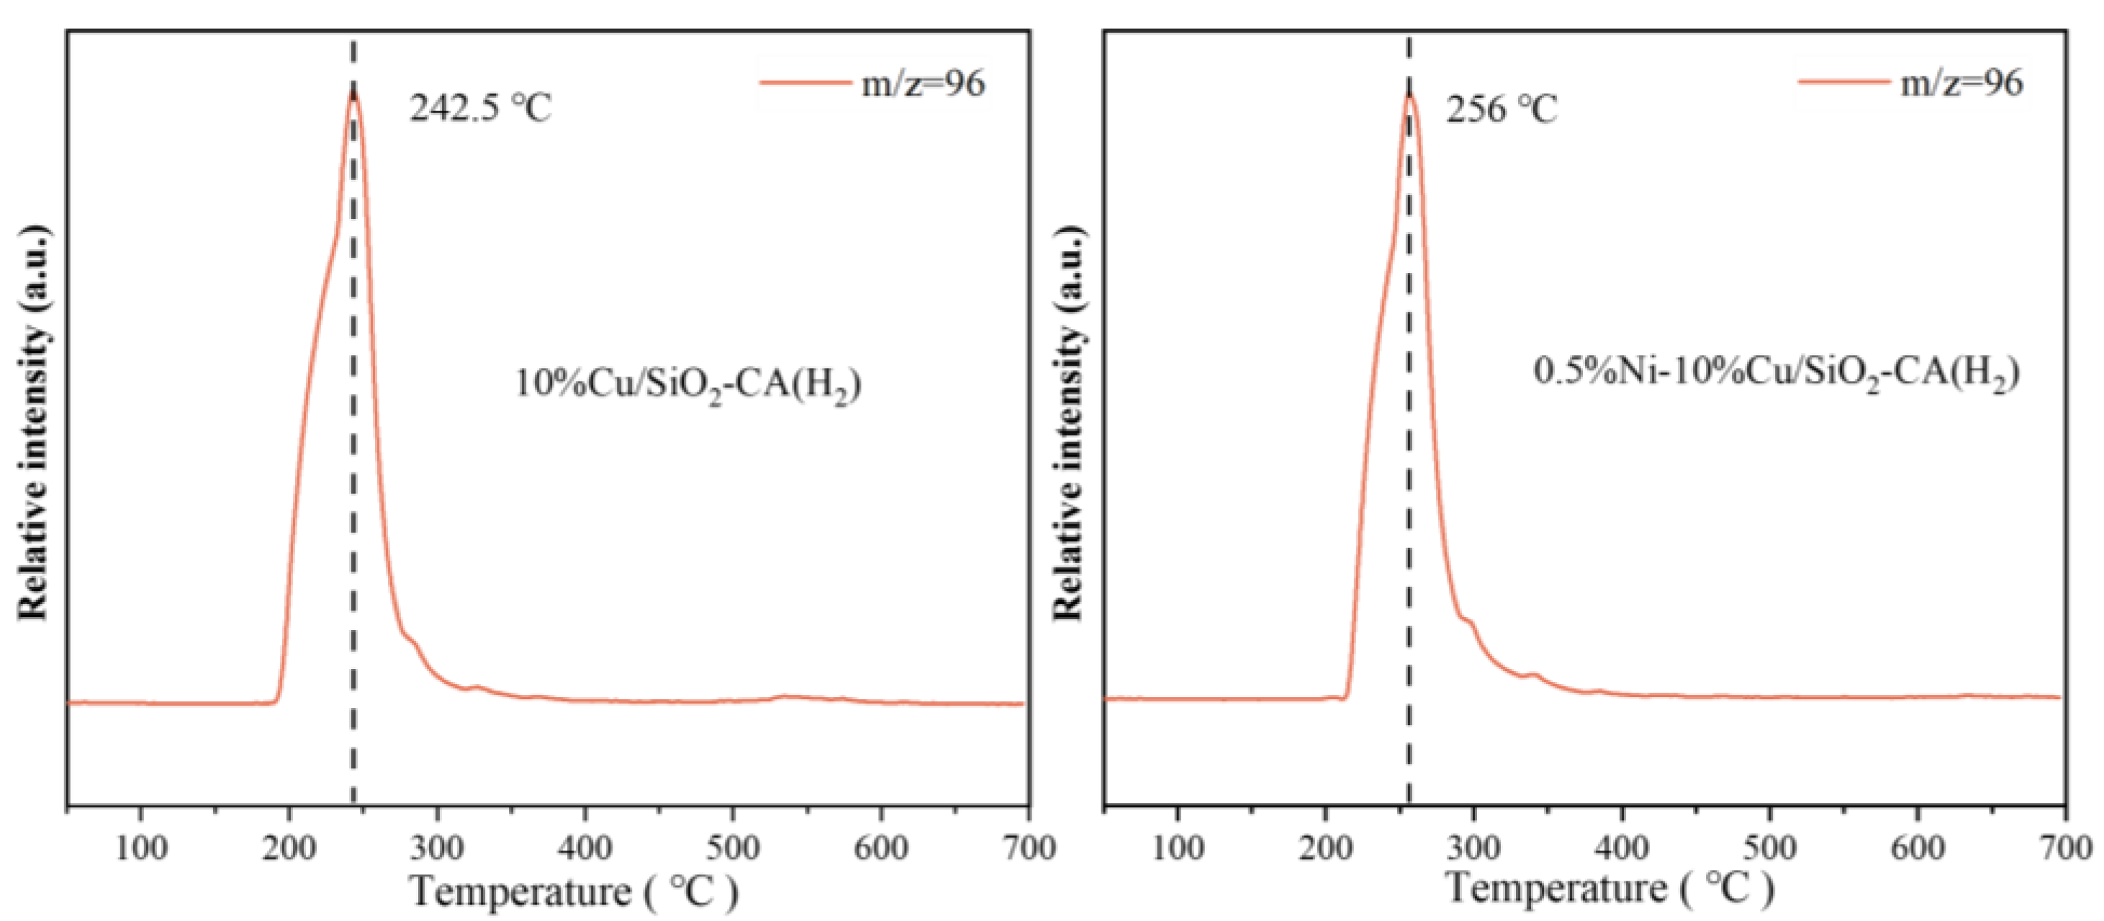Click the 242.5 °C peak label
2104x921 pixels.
480,108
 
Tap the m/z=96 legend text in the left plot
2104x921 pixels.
923,83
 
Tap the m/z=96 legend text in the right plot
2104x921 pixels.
1962,83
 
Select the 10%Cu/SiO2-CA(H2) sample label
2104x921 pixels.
687,383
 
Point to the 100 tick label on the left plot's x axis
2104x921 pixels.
141,848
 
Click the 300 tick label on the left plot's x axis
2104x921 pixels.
437,848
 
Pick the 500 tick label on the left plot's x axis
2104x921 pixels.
733,848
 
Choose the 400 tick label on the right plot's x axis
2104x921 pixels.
1621,848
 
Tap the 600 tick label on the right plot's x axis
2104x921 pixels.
1918,848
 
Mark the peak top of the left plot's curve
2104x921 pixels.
353,92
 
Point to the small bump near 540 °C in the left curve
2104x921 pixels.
784,697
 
